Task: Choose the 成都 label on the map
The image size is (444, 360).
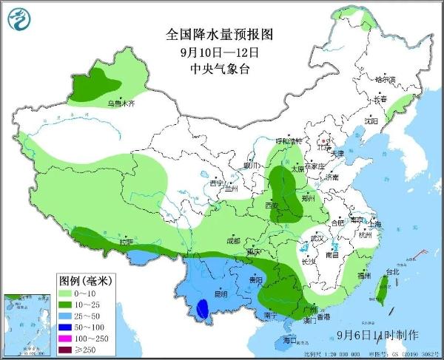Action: click(233, 240)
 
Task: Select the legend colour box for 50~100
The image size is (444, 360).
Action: click(69, 324)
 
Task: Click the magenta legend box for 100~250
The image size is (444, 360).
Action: click(69, 335)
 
